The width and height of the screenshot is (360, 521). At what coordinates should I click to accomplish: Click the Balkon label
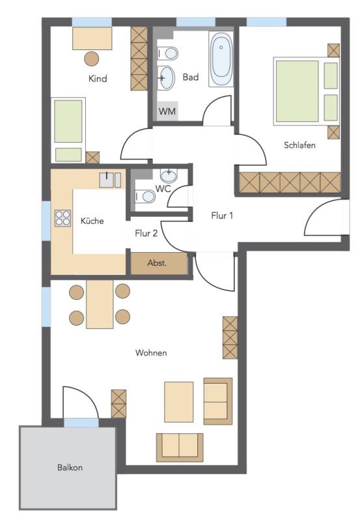coord(70,468)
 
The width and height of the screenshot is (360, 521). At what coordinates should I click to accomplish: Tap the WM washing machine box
coord(167,111)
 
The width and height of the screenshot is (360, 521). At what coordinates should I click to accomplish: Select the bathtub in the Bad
coord(221,59)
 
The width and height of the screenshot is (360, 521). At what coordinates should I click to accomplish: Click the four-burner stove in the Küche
coord(62,218)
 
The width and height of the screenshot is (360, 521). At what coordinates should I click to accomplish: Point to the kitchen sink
coord(110,180)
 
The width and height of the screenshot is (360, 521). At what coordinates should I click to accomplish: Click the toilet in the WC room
coord(145,197)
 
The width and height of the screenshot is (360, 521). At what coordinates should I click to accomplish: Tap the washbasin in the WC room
coord(169,175)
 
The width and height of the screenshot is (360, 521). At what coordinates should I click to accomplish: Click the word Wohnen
coord(151,352)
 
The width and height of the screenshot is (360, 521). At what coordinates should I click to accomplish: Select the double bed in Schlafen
coord(306,91)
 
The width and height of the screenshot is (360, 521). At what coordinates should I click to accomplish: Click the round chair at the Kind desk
coord(91,59)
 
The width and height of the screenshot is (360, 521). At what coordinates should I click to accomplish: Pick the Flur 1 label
coord(222,216)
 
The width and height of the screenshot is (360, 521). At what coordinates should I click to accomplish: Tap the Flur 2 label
coord(146,233)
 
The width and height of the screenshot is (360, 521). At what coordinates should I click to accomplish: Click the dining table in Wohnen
coord(100,304)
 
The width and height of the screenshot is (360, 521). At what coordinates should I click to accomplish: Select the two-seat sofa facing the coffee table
coord(180,447)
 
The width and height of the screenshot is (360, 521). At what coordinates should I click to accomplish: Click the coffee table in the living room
coord(178,401)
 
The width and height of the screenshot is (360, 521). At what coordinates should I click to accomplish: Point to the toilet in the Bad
coord(168,53)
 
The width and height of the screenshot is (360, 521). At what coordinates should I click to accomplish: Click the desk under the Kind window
coord(92,38)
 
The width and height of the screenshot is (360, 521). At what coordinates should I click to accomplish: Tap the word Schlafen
coord(299,145)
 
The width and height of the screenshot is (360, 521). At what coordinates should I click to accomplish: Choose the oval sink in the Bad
coord(166,78)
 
